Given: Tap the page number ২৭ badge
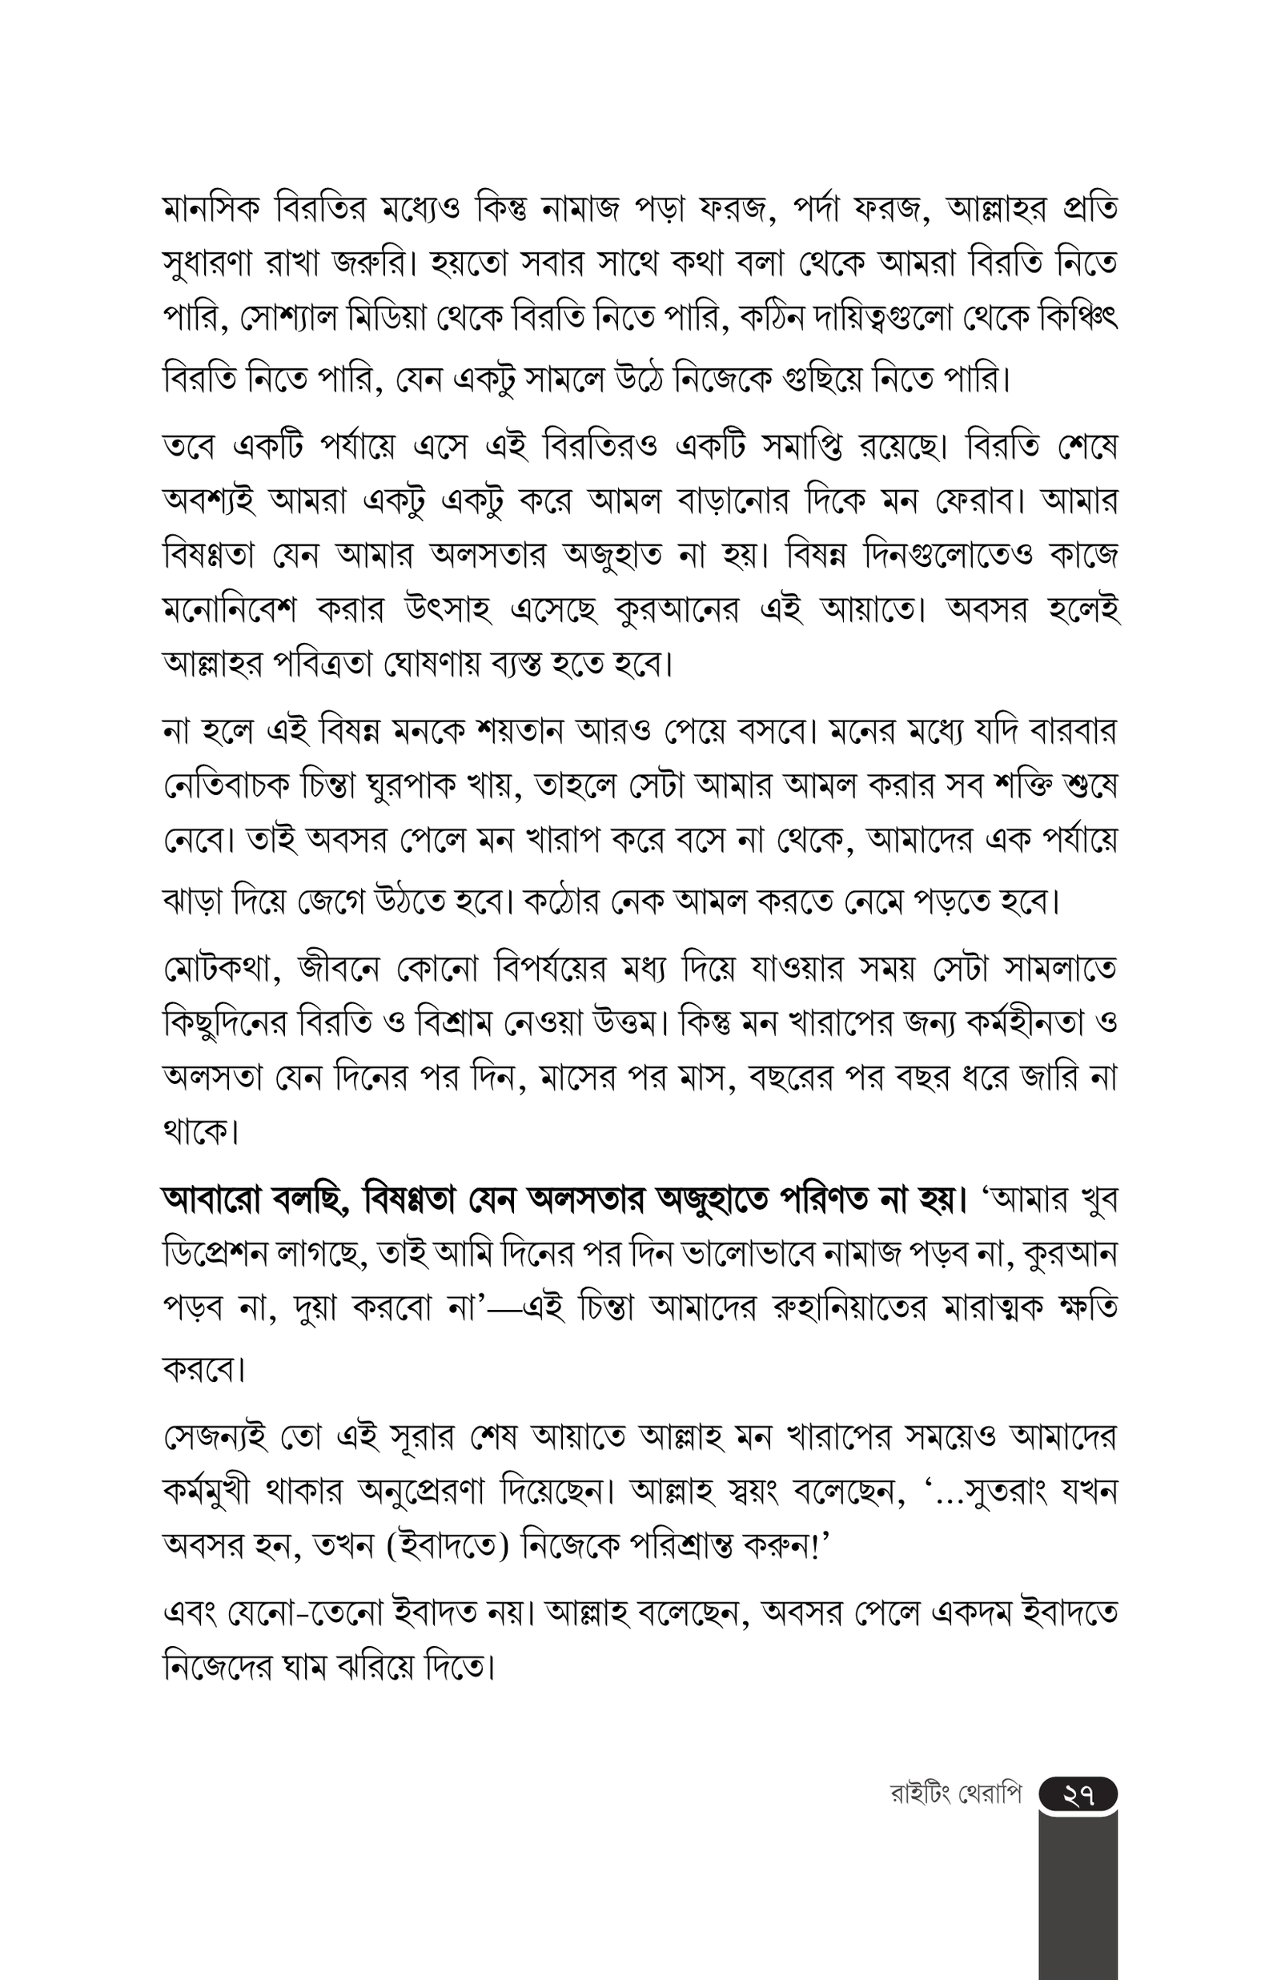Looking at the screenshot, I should pos(1077,1793).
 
